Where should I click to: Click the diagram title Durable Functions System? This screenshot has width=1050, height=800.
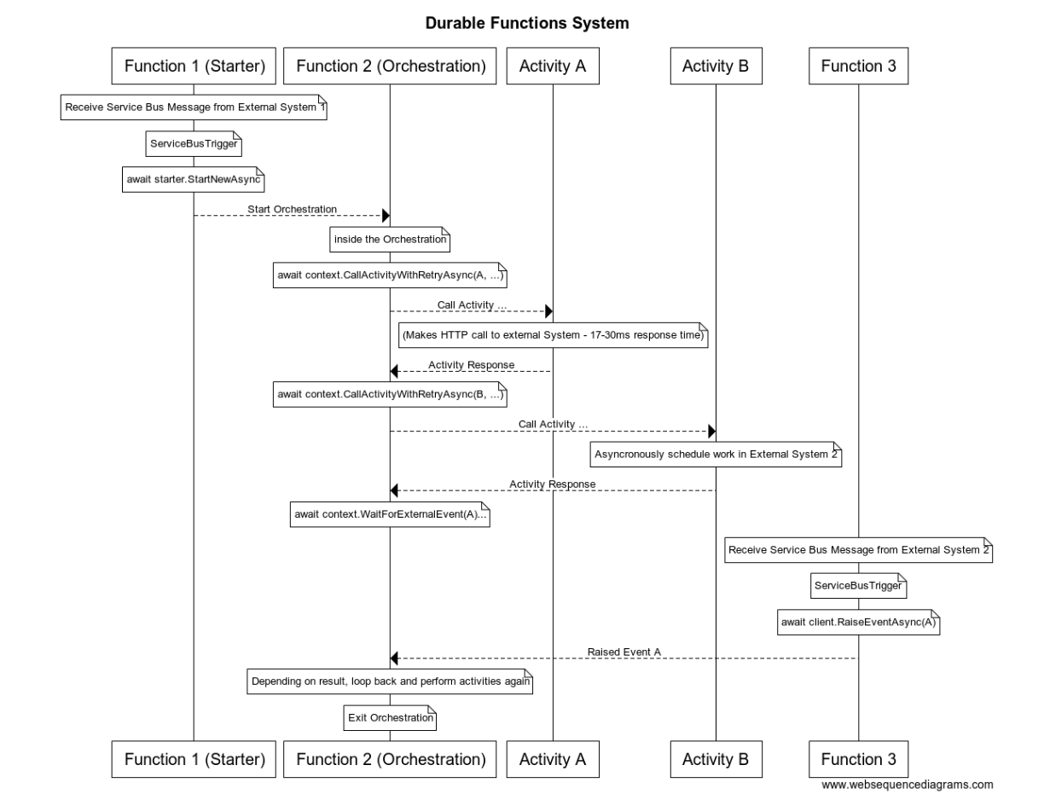(x=527, y=24)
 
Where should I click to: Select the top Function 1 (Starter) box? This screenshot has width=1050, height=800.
(x=194, y=67)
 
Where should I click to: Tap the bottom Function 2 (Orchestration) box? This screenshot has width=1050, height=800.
(x=390, y=759)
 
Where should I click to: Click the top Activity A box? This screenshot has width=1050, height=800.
(x=552, y=67)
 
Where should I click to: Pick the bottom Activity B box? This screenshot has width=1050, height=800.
(x=715, y=759)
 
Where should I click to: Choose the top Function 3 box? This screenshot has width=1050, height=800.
(x=858, y=67)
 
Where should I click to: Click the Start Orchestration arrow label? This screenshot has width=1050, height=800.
(x=292, y=209)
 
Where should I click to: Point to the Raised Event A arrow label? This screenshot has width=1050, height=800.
(x=624, y=652)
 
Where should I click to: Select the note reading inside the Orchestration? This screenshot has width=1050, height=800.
(x=390, y=240)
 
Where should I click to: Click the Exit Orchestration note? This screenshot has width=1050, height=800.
(x=390, y=718)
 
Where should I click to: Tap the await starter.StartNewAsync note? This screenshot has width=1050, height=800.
(x=193, y=180)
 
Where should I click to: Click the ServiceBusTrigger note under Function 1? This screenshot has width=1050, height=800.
(x=193, y=145)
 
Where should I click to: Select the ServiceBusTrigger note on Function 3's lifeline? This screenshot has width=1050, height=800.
(x=858, y=587)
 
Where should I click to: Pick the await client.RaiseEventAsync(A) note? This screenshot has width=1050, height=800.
(x=858, y=623)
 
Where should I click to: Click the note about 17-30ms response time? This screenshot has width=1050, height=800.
(x=553, y=336)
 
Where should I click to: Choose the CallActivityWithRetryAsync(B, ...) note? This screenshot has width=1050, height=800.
(x=390, y=395)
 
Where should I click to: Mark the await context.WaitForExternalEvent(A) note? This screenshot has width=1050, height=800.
(x=390, y=515)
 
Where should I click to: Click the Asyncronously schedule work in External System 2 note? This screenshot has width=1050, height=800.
(x=716, y=455)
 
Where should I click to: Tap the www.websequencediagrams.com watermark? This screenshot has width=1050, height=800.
(x=908, y=785)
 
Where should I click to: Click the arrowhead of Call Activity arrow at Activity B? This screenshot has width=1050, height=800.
(x=711, y=432)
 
